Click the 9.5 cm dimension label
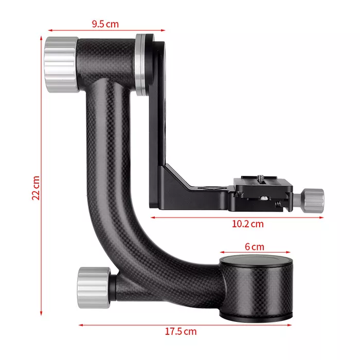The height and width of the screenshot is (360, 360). click(105, 24)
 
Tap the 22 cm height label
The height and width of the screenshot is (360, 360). click(36, 188)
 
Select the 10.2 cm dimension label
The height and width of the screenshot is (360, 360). click(248, 224)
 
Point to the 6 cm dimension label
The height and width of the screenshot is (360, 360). click(255, 246)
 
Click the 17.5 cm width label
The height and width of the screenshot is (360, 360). click(181, 331)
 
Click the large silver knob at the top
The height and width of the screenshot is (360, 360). click(62, 64)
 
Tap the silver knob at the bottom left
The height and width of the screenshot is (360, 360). click(94, 287)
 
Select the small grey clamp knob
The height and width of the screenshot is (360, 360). click(314, 200)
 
